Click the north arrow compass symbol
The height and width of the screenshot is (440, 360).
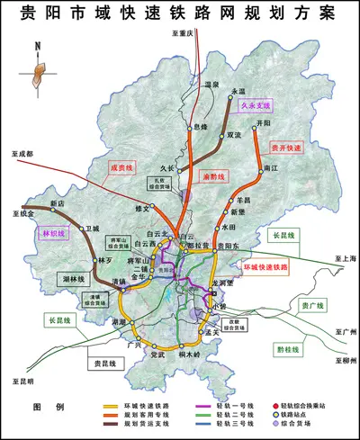37,64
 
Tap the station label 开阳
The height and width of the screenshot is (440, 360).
263,121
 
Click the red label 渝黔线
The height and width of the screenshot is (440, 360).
214,176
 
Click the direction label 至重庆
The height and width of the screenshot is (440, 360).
183,33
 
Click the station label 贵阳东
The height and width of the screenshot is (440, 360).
229,245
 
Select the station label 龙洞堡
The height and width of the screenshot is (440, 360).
221,283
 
